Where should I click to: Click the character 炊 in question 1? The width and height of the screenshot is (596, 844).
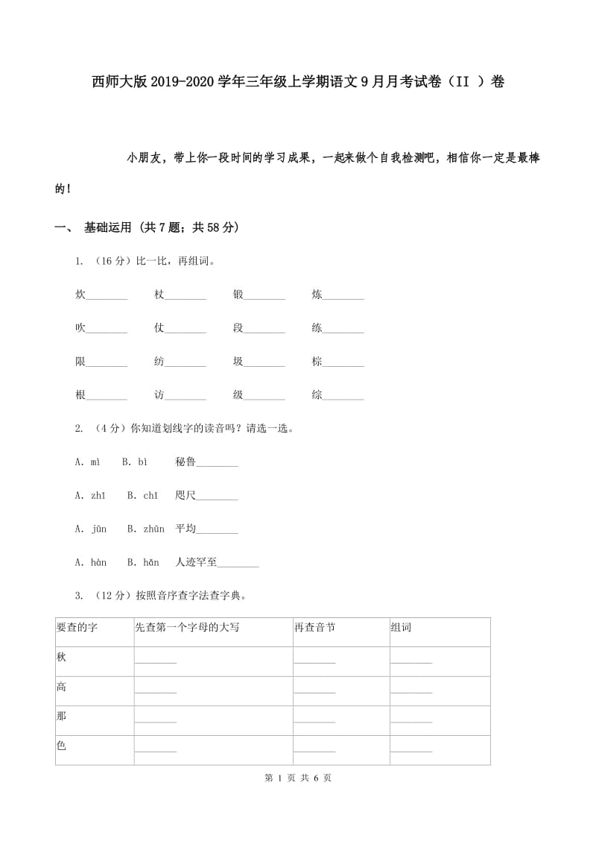click(x=80, y=295)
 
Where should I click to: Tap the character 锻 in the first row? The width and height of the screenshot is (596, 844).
click(x=238, y=295)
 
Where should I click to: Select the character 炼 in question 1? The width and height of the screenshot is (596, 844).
click(x=317, y=295)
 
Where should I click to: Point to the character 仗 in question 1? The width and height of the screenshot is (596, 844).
click(x=159, y=328)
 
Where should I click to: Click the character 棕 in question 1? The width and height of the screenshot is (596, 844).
click(x=317, y=362)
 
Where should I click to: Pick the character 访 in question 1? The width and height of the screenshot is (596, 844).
click(x=159, y=395)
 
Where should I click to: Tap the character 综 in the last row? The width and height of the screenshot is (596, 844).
click(x=317, y=395)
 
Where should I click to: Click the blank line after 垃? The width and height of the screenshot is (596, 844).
click(x=264, y=364)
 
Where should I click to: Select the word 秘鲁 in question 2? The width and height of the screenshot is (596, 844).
click(x=186, y=462)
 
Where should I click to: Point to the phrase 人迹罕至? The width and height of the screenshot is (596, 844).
click(x=196, y=563)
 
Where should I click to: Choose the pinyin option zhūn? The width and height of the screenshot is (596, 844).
click(x=153, y=529)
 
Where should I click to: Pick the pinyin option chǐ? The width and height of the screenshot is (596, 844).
click(x=150, y=496)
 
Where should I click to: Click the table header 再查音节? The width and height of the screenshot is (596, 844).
click(x=314, y=628)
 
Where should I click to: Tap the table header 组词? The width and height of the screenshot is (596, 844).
click(x=401, y=628)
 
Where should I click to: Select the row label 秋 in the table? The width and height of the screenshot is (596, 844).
click(x=61, y=657)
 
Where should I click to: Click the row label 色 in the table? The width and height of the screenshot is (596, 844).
click(x=61, y=746)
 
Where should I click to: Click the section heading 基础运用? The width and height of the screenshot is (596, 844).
click(x=108, y=227)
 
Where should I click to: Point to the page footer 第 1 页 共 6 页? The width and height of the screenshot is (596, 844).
click(x=298, y=778)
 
